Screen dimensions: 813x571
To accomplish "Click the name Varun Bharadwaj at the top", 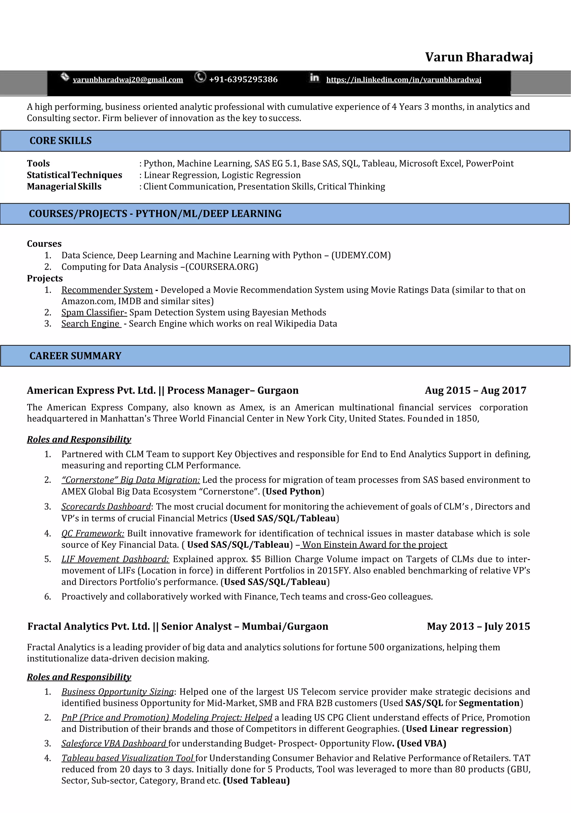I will click(x=479, y=57).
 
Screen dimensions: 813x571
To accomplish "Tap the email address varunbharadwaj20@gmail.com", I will click(x=128, y=80).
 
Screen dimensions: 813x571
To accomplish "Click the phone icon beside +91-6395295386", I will click(x=200, y=77).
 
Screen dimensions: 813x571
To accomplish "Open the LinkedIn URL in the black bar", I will click(x=403, y=80).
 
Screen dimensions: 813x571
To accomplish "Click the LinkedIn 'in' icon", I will click(x=314, y=77).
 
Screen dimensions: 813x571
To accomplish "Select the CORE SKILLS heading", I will click(x=61, y=141).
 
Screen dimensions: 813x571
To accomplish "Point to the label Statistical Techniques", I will click(x=74, y=175).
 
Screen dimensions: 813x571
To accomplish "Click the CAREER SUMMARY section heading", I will click(x=75, y=356).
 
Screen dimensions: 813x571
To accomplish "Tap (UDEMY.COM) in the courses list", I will click(x=361, y=255).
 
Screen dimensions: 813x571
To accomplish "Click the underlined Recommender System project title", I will click(x=107, y=290).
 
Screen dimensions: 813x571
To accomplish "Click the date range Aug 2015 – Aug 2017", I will click(x=475, y=390).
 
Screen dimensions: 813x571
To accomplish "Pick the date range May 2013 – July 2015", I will click(x=478, y=626).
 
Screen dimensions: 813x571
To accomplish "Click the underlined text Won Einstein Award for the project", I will click(x=374, y=545).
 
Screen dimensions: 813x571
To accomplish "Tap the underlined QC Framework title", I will click(x=93, y=533).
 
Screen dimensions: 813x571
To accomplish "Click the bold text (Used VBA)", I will click(x=421, y=743).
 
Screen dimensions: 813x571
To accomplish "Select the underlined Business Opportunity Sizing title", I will click(x=118, y=692).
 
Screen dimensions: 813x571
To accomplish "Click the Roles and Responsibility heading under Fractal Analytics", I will click(x=79, y=677).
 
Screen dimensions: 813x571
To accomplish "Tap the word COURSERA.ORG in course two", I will click(x=222, y=267).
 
